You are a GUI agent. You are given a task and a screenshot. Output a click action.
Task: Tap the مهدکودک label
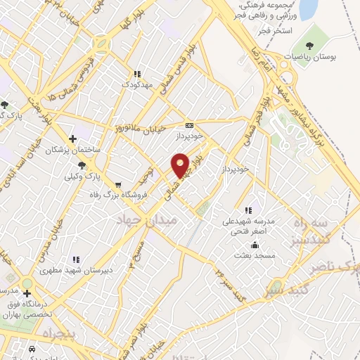(137, 84)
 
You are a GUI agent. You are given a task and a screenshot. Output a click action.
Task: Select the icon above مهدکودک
(137, 73)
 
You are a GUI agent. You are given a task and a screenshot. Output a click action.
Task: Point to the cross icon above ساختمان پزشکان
(73, 139)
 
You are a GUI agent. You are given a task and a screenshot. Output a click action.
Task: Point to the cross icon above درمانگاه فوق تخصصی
(27, 293)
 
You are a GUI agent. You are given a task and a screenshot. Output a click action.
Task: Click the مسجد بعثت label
(254, 257)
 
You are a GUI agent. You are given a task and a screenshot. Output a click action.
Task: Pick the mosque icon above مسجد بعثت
(254, 245)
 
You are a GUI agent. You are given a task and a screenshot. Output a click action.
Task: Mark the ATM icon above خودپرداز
(189, 123)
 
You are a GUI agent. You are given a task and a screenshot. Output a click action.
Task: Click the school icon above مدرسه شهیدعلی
(247, 210)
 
